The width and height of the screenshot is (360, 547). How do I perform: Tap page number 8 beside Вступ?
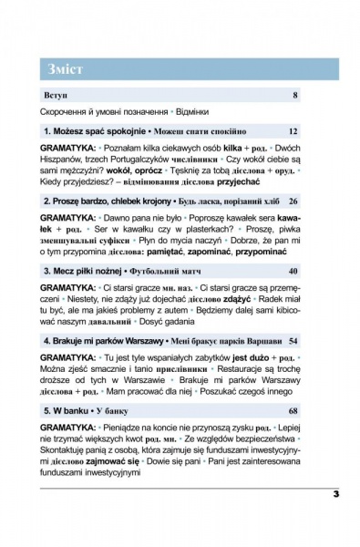coord(294,95)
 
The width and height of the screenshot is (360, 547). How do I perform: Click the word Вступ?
coord(55,95)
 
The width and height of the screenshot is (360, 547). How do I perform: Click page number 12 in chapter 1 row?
coord(292,131)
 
